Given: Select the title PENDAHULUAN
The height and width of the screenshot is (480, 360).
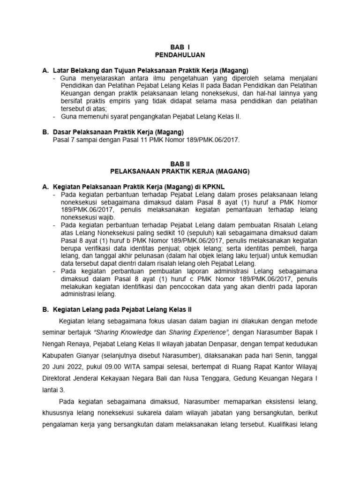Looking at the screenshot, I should point(180,55).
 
